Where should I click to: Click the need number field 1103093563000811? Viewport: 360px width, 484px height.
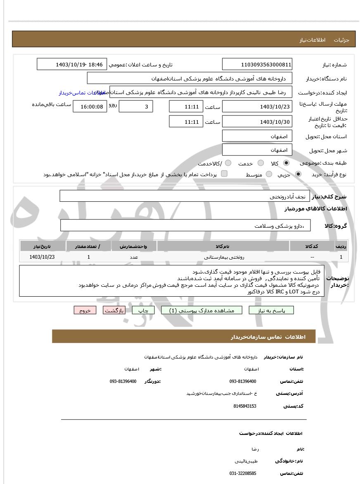point(257,64)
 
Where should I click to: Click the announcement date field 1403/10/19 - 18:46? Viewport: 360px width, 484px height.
point(72,64)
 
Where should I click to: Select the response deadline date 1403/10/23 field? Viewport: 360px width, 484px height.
point(257,106)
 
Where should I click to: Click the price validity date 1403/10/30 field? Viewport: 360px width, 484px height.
point(257,122)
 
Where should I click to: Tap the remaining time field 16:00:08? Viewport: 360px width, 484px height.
point(90,106)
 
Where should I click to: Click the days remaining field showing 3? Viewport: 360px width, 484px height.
point(136,106)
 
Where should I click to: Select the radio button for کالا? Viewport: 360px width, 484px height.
point(286,163)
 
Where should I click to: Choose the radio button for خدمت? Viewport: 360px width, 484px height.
point(261,163)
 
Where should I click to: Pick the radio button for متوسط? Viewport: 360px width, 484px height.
point(269,174)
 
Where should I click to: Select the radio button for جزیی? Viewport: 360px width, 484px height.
point(298,174)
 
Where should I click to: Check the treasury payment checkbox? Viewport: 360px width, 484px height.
point(224,174)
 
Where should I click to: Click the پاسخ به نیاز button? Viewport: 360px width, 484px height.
point(271,310)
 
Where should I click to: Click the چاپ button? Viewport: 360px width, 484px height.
point(143,310)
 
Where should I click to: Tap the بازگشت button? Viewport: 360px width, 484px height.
point(114,310)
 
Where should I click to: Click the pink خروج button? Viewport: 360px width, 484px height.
point(85,310)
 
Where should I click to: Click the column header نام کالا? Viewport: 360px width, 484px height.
point(223,246)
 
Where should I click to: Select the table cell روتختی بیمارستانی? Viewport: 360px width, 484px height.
point(223,257)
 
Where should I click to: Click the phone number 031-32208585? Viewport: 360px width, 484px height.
point(243,473)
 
